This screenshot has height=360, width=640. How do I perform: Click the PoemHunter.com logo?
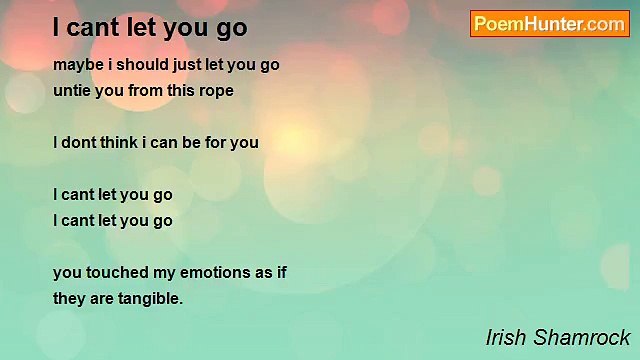(549, 24)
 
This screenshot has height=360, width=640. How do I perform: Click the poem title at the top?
(150, 26)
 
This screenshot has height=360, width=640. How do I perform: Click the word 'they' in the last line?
(68, 298)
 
